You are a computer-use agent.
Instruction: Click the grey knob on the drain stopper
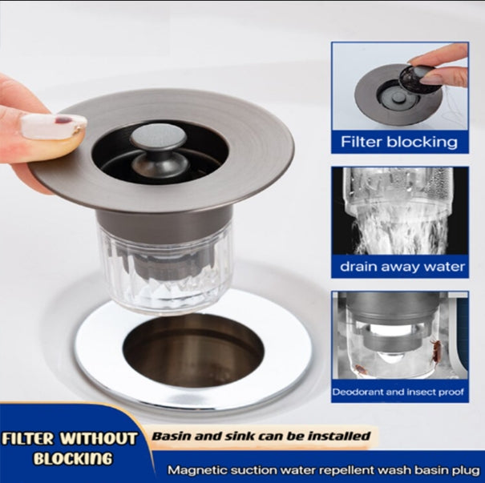[x=159, y=136]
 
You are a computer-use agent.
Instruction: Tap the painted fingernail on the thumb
[x=53, y=126]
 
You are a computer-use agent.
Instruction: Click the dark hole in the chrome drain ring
[x=193, y=350]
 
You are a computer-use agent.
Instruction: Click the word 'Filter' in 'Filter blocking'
[x=362, y=142]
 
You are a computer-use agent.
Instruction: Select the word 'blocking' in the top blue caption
[x=422, y=142]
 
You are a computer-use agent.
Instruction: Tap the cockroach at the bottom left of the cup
[x=361, y=369]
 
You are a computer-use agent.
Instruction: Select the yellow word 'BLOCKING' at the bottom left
[x=73, y=459]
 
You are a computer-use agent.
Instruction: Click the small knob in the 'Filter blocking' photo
[x=397, y=96]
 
